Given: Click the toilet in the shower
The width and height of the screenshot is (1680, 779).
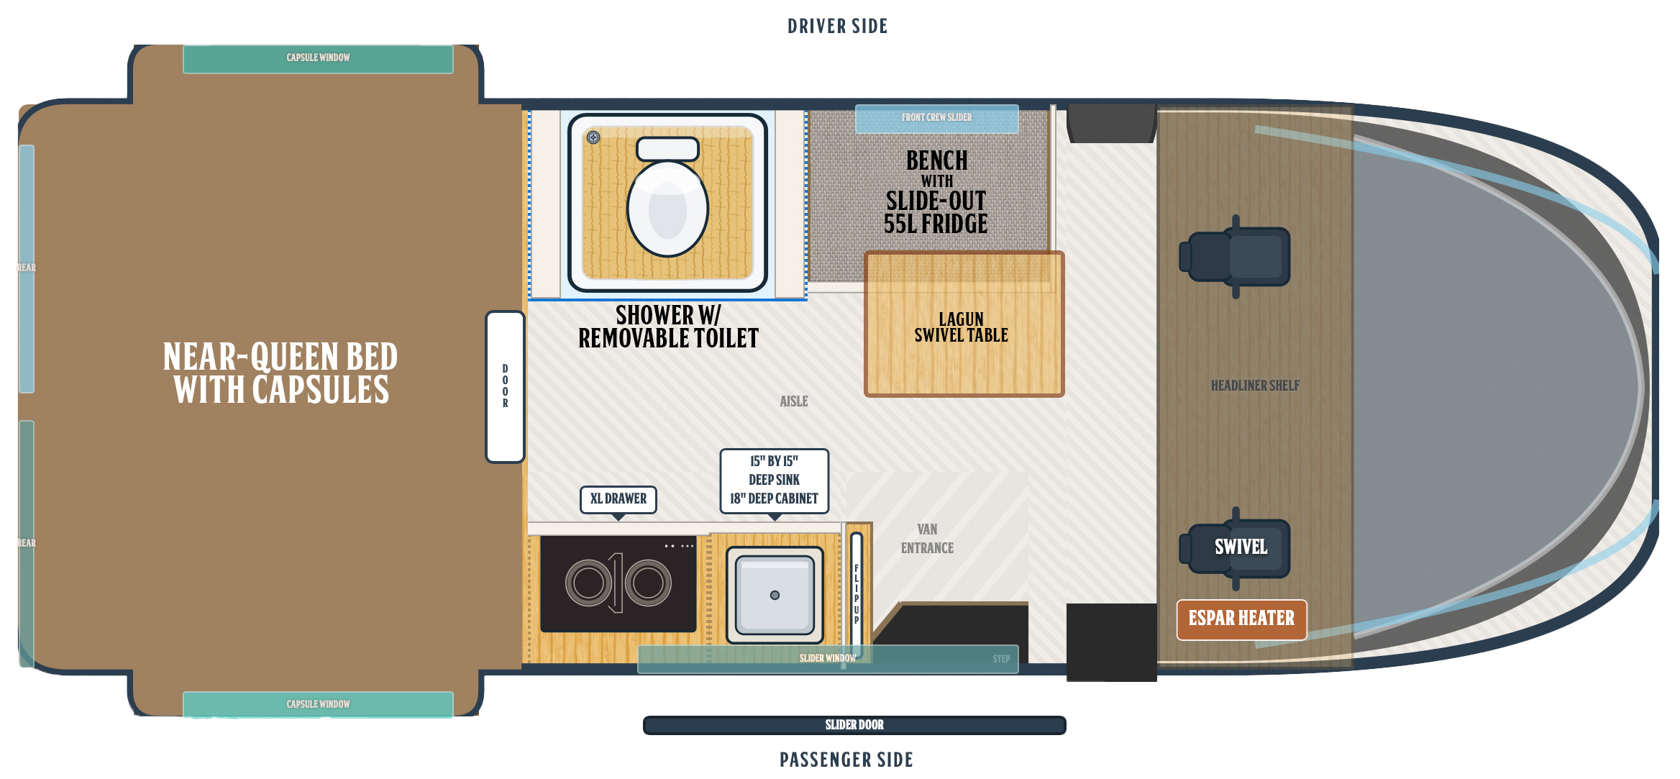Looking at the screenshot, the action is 667,197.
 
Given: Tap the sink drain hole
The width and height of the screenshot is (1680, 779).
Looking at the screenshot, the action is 775,595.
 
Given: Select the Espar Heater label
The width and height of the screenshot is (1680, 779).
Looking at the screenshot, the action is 1241,619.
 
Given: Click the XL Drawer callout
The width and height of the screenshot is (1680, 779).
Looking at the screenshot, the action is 618,499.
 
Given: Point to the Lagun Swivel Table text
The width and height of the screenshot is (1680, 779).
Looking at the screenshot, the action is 961,327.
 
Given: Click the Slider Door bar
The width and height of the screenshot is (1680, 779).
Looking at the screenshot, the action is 854,725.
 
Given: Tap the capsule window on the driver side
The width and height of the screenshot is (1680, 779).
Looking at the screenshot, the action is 318,59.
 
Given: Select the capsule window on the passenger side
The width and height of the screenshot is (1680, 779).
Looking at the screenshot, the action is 318,704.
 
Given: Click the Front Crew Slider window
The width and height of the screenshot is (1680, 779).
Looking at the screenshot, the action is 936,119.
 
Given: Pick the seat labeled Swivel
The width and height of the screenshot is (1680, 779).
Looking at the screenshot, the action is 1236,548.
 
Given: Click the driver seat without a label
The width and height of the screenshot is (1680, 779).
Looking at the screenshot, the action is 1236,257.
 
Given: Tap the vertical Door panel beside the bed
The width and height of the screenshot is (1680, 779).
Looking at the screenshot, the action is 505,386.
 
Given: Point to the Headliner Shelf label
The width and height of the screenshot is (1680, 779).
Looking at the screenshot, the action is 1255,386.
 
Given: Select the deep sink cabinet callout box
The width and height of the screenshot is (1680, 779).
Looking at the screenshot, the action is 775,481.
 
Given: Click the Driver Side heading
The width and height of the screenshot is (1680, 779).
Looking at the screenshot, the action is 838,27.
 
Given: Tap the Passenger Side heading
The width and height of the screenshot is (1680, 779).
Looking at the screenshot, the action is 846,760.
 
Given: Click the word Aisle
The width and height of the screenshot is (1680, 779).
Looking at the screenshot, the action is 794,401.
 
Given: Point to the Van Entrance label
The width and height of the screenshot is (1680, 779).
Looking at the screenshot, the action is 927,539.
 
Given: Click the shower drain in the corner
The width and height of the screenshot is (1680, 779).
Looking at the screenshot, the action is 593,137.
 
